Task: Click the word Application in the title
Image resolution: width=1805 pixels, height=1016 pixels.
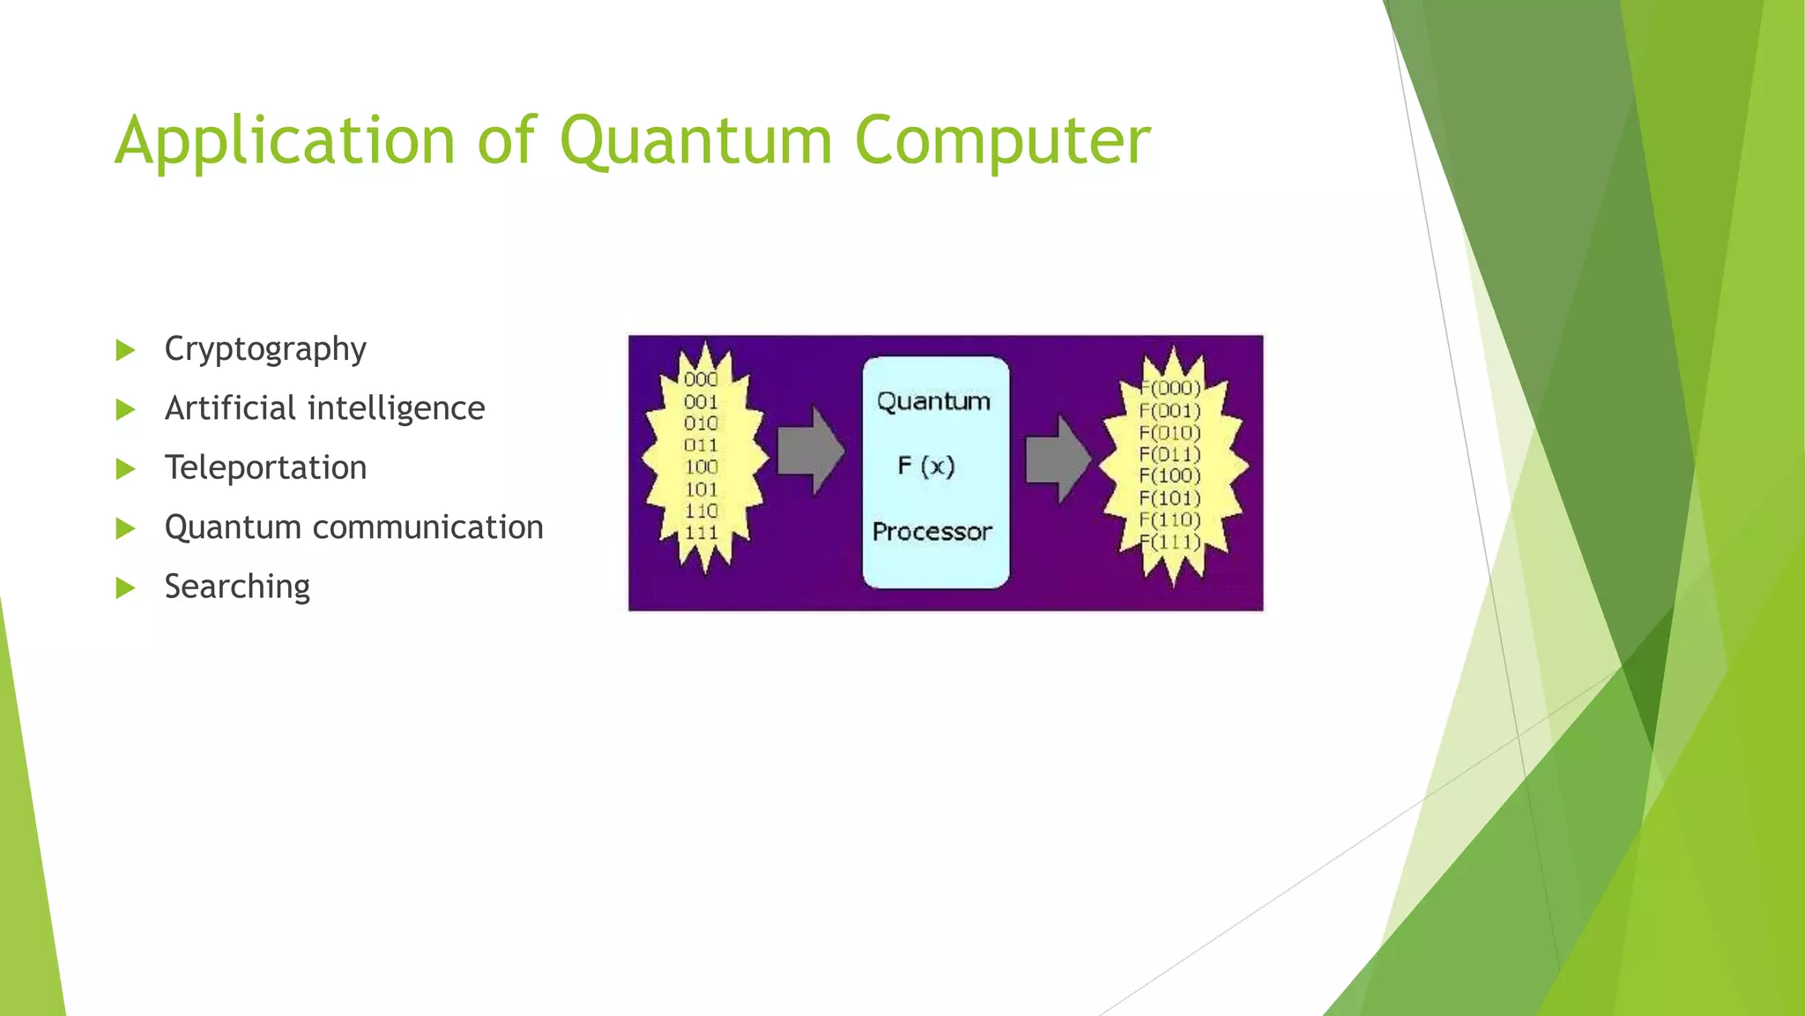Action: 285,141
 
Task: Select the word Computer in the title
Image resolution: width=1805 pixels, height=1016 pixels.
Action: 1002,141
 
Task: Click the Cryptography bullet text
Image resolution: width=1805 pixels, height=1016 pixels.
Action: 265,349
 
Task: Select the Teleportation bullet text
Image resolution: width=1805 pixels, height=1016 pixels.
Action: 265,467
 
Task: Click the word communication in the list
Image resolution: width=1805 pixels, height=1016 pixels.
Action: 427,527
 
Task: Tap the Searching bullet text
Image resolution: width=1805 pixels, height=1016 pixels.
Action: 237,586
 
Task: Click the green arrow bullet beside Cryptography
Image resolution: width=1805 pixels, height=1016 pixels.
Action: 126,350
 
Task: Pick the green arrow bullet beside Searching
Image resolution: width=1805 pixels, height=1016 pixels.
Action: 126,587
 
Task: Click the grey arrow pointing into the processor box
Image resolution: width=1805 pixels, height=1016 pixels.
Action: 810,451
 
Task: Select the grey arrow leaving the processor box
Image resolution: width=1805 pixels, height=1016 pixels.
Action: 1058,459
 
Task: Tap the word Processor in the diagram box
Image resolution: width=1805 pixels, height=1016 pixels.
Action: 932,532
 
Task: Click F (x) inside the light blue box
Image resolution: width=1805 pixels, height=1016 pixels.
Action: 926,466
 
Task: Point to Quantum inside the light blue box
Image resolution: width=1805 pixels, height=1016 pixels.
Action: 933,402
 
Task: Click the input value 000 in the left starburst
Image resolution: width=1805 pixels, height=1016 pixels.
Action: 701,379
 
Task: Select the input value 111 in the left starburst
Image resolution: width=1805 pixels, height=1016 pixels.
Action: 702,533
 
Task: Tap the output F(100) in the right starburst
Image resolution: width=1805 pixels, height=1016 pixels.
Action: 1170,476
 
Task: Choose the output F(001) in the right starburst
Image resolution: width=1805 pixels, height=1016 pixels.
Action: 1170,411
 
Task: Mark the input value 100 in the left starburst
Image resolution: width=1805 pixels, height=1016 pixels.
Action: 702,467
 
